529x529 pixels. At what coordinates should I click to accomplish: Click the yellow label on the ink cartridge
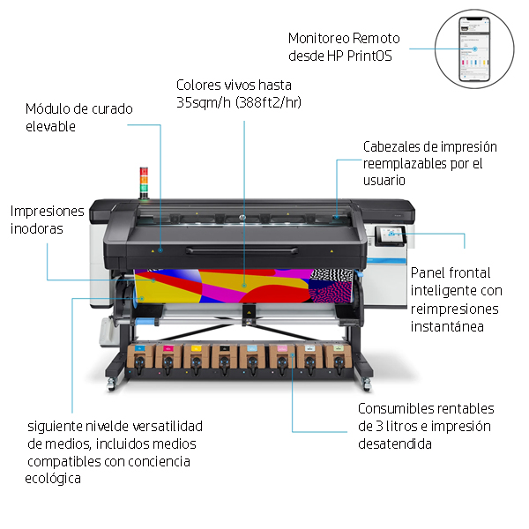(196, 348)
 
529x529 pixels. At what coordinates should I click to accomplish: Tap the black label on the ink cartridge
(224, 348)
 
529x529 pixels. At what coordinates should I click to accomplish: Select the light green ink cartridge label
(339, 348)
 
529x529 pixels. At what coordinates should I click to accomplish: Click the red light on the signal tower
(144, 171)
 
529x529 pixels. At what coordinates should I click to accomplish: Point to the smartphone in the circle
(474, 49)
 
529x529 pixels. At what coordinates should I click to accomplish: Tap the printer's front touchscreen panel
(391, 235)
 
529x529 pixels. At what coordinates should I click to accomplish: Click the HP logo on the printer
(242, 218)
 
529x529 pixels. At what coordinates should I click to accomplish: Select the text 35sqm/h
(204, 102)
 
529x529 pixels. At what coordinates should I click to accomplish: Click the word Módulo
(48, 108)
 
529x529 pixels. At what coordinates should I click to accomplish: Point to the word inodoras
(37, 228)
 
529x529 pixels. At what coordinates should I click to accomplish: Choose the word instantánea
(447, 326)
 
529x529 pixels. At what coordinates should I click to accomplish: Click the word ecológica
(53, 479)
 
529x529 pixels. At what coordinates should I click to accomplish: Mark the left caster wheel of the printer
(111, 385)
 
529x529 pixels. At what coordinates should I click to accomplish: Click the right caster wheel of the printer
(367, 385)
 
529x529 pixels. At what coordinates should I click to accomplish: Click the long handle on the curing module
(242, 250)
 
